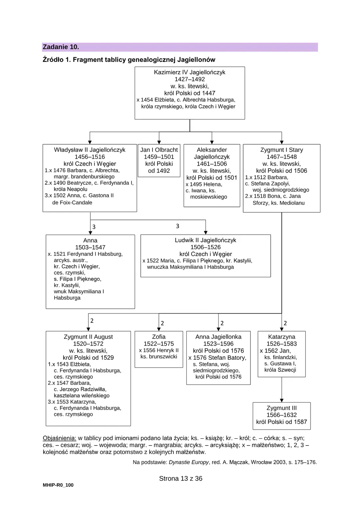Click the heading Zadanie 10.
coord(61,47)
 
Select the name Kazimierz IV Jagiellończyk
coord(189,72)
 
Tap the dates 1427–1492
coord(189,79)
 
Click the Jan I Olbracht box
coord(159,160)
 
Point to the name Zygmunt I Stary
coord(282,150)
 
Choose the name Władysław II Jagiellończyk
coord(90,150)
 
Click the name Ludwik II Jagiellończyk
coord(206,240)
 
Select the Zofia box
coord(159,349)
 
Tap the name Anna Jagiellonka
coord(219,337)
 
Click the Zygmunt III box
coord(282,416)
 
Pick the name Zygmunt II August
coord(88,337)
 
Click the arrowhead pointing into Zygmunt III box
coord(282,400)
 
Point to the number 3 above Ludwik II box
coord(178,226)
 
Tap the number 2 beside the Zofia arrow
coord(162,323)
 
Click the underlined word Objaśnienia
coord(60,438)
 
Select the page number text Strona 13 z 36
coord(181,479)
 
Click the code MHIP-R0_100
coord(58,485)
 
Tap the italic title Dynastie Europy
coord(189,461)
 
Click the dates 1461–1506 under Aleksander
coord(212,164)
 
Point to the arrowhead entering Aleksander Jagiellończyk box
coord(212,142)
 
